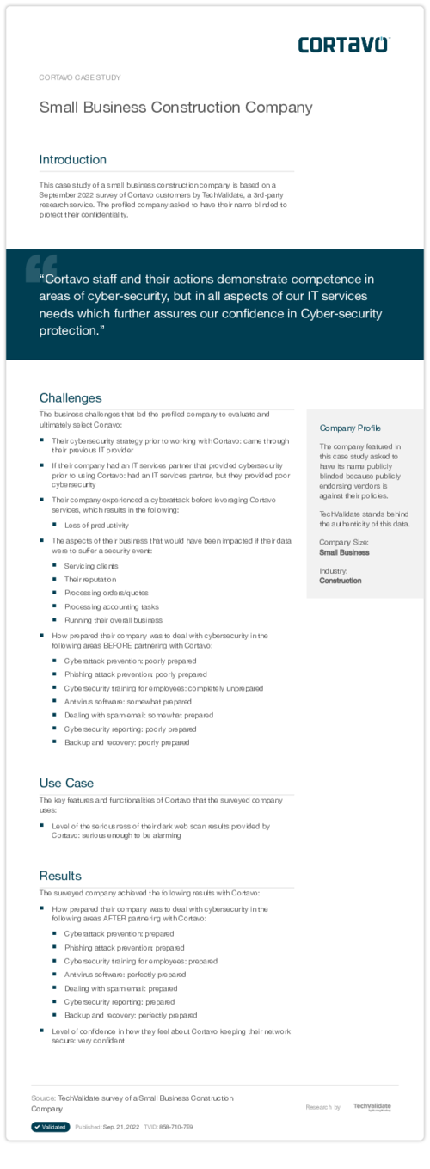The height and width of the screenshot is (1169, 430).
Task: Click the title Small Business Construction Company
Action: tap(175, 108)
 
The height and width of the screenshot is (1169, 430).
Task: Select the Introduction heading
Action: tap(73, 159)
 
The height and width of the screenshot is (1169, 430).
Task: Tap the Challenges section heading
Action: tap(71, 397)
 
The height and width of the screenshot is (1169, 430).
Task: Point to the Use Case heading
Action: tap(66, 783)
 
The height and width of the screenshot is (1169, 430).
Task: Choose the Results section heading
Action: tap(60, 876)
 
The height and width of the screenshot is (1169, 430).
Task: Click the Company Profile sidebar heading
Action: tap(350, 428)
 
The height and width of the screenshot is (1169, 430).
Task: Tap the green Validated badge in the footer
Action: tap(51, 1127)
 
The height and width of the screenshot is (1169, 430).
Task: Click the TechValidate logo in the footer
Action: tap(372, 1107)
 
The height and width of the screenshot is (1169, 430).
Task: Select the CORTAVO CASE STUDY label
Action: tap(80, 77)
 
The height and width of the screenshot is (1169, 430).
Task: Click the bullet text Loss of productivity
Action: tap(96, 525)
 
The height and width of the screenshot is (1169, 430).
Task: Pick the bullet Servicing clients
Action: tap(91, 566)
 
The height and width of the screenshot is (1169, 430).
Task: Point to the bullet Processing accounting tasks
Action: tap(112, 606)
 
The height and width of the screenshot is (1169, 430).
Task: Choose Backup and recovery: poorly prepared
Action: tap(126, 742)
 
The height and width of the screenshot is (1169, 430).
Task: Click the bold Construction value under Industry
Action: tap(341, 581)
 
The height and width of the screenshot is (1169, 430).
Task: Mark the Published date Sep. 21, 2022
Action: tap(119, 1127)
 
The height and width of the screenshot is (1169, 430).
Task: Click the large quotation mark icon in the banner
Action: tap(40, 267)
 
